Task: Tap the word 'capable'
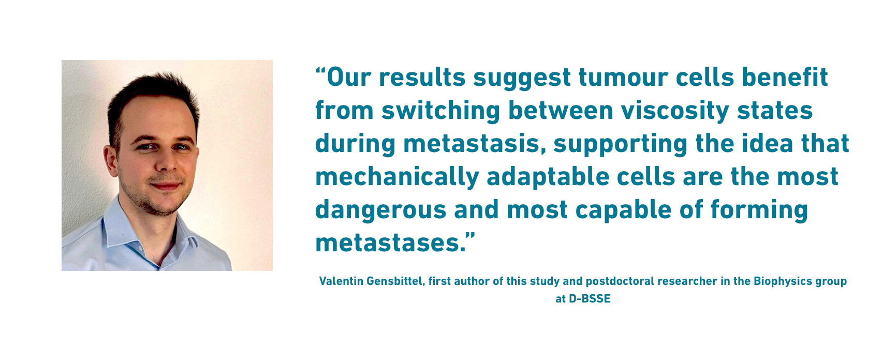click(x=624, y=210)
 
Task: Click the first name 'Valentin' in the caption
click(x=342, y=281)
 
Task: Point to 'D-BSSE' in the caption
click(x=590, y=299)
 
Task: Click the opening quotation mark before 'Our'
click(x=320, y=71)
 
